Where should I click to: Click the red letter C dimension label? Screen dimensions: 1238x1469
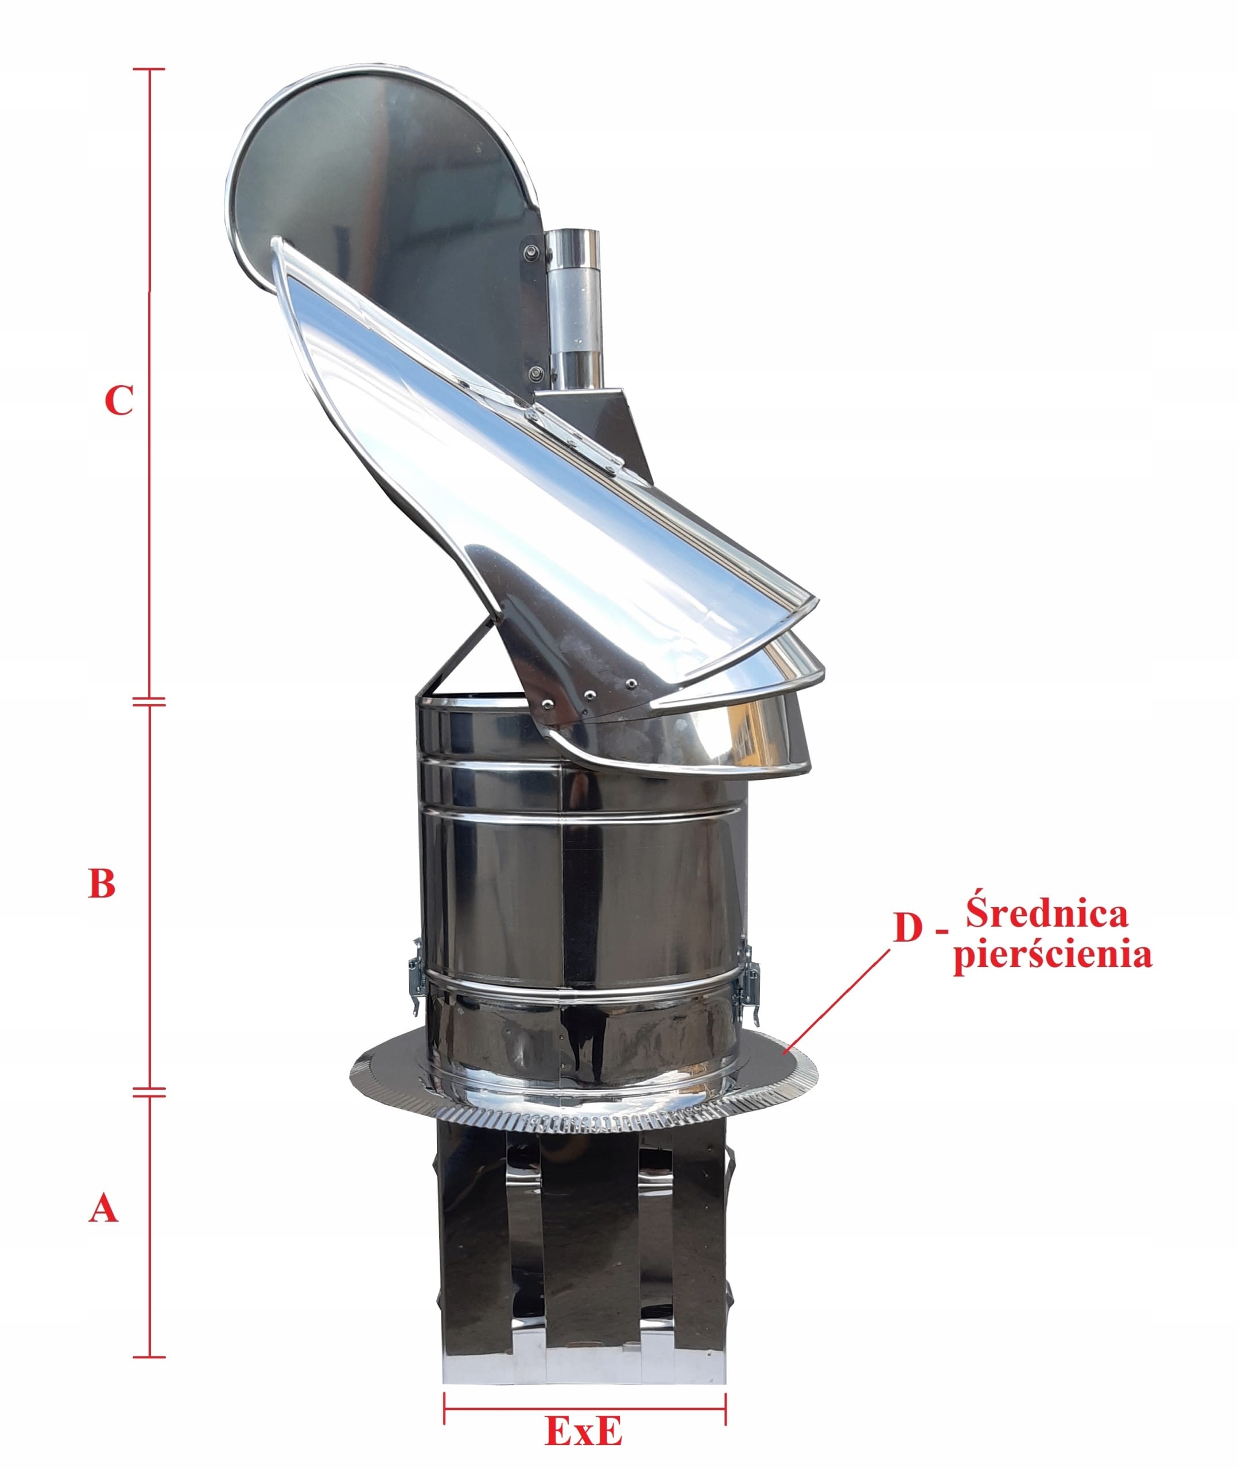coord(119,401)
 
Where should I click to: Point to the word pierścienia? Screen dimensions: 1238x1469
coord(1052,957)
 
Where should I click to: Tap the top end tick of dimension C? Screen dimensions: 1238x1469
coord(149,69)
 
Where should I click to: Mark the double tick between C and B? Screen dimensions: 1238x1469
coord(149,701)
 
